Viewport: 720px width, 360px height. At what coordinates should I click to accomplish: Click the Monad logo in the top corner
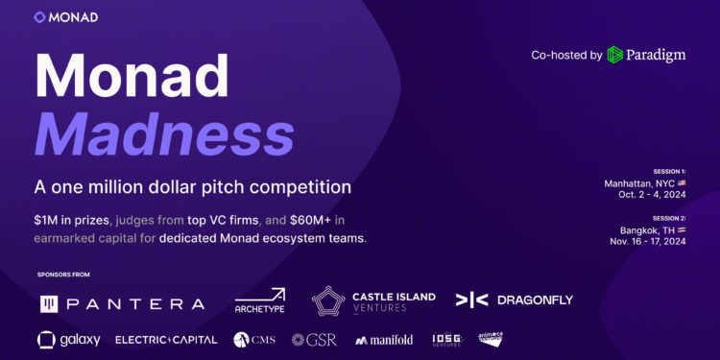pos(65,17)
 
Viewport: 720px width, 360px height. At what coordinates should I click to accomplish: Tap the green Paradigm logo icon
pos(615,55)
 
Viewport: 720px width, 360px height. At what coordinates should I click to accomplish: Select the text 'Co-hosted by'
pos(566,55)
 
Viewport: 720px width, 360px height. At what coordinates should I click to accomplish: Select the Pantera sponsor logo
pos(122,303)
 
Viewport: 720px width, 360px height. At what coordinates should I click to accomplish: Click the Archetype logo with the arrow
pos(260,301)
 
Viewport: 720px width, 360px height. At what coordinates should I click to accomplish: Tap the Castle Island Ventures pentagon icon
pos(329,302)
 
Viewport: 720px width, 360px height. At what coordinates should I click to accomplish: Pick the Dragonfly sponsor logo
pos(514,300)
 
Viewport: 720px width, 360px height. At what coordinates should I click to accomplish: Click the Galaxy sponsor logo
pos(68,339)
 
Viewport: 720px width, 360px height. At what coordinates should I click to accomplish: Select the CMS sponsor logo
pos(255,340)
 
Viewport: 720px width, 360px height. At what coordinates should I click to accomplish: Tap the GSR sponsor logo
pos(313,340)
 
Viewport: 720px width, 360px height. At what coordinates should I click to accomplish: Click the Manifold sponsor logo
pos(384,340)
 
